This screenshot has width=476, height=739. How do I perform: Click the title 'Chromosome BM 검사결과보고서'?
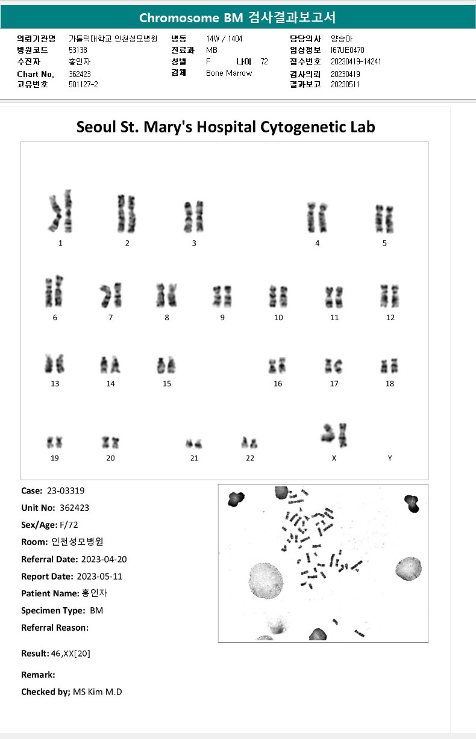237,17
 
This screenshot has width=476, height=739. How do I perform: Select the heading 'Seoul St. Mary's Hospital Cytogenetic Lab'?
225,127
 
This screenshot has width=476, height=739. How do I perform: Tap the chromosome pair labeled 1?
60,214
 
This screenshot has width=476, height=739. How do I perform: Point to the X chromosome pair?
335,435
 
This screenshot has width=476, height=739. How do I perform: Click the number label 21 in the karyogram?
194,458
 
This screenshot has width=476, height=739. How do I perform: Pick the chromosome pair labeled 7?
111,295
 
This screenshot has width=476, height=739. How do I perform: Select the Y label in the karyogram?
390,458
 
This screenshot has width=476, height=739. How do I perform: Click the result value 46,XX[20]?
71,654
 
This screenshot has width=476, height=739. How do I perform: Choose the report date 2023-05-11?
99,577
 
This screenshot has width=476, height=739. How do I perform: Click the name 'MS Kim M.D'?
97,692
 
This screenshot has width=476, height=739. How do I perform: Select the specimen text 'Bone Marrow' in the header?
229,73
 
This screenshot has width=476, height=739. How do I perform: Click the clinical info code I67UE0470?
348,50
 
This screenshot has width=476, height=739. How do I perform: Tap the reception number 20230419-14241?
356,61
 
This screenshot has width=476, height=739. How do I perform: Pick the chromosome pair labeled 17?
334,365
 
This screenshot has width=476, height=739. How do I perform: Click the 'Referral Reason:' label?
55,628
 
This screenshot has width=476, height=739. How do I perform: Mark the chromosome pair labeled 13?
55,364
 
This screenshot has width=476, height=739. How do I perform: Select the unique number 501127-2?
83,84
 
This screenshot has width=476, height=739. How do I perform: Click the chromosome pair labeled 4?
317,218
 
